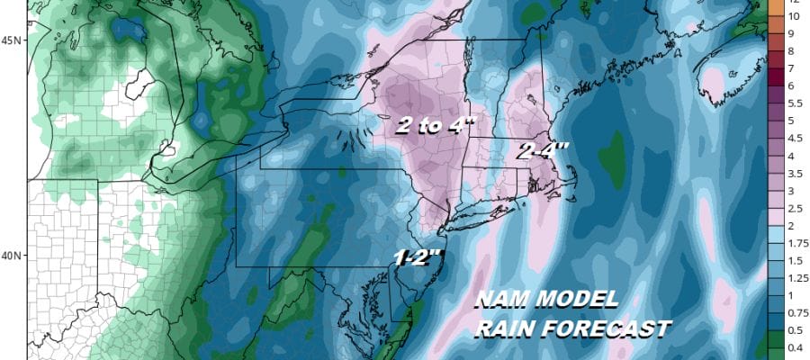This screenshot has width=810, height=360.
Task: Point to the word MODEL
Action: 578,300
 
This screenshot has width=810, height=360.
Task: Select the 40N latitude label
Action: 13,256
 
